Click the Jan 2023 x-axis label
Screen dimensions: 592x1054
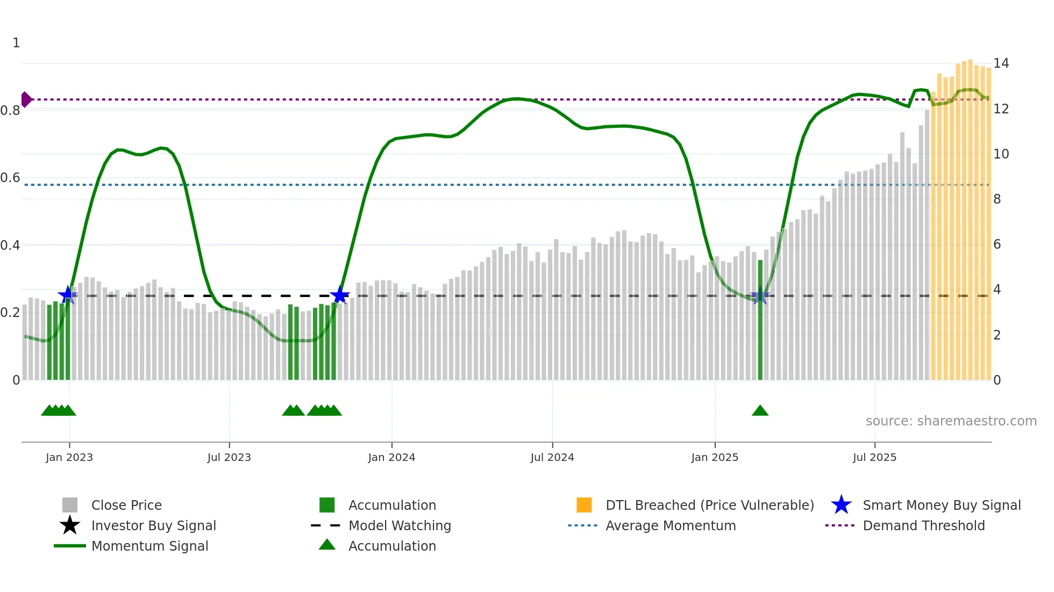click(x=69, y=457)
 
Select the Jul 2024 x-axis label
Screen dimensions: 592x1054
click(x=552, y=457)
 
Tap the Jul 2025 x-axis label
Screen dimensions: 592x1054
click(x=874, y=457)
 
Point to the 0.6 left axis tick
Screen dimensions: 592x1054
click(x=10, y=178)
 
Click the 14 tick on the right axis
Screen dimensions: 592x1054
click(x=1001, y=63)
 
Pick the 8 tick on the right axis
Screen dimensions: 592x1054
click(x=997, y=199)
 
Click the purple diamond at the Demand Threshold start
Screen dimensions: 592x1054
click(x=26, y=99)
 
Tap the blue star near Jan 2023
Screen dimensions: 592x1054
click(x=68, y=295)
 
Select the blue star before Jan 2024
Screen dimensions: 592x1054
click(x=339, y=295)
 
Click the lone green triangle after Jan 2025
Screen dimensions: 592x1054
click(x=760, y=411)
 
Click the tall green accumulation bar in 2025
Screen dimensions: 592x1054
click(x=760, y=322)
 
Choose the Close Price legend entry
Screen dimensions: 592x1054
click(x=126, y=505)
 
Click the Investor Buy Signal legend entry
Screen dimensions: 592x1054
click(x=153, y=525)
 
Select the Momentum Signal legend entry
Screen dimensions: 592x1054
click(x=149, y=546)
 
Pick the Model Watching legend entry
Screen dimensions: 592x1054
click(x=400, y=525)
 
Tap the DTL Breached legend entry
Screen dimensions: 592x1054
click(x=709, y=505)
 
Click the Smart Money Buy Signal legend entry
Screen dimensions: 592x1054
click(x=941, y=505)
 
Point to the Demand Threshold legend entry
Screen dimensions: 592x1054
click(x=923, y=525)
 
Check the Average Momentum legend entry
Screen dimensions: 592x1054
click(x=670, y=525)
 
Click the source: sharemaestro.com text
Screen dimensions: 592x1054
click(x=951, y=421)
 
